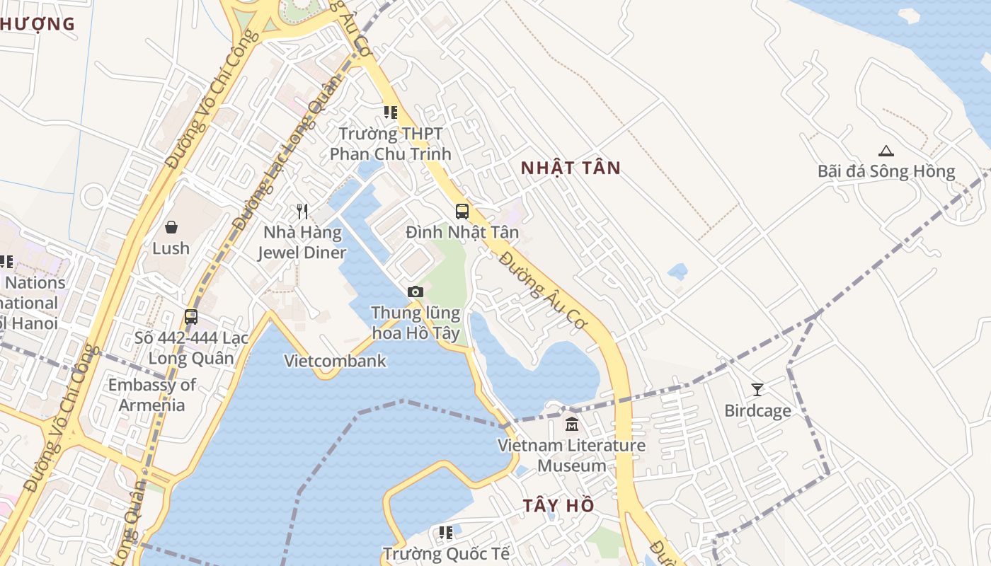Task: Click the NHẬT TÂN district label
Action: pyautogui.click(x=571, y=168)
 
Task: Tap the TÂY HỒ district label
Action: pyautogui.click(x=558, y=506)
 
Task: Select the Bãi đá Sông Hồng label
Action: pyautogui.click(x=886, y=171)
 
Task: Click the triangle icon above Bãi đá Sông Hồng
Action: pyautogui.click(x=886, y=151)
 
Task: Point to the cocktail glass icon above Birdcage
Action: pyautogui.click(x=757, y=389)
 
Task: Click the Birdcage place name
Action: pyautogui.click(x=757, y=410)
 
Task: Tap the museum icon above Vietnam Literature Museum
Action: pyautogui.click(x=571, y=424)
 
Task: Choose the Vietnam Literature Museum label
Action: pyautogui.click(x=571, y=456)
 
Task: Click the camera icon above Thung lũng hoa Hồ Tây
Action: pyautogui.click(x=416, y=291)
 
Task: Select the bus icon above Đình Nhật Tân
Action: pyautogui.click(x=462, y=211)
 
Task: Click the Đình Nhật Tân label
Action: pyautogui.click(x=462, y=232)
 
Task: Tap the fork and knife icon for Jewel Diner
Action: pyautogui.click(x=302, y=211)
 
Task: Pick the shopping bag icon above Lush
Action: pyautogui.click(x=171, y=227)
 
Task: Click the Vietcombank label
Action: pyautogui.click(x=336, y=361)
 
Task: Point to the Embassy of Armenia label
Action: pyautogui.click(x=151, y=395)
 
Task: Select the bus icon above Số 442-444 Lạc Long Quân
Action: pyautogui.click(x=191, y=316)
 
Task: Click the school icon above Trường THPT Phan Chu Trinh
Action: pyautogui.click(x=390, y=112)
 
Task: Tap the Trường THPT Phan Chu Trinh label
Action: pyautogui.click(x=390, y=144)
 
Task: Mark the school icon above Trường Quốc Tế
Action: pyautogui.click(x=445, y=532)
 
